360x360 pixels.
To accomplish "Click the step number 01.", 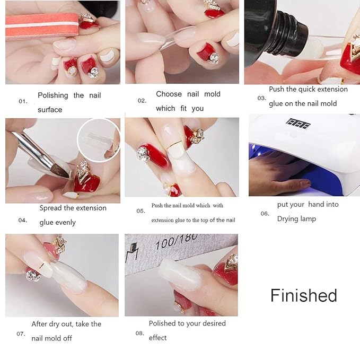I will [x=23, y=101].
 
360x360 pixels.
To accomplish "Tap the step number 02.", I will [x=142, y=100].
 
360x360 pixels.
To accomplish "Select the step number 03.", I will [x=261, y=98].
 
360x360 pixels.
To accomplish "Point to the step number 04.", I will [x=23, y=220].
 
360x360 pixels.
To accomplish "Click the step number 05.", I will [x=141, y=210].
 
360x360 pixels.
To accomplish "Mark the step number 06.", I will [x=265, y=214].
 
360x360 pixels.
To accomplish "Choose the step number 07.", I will [x=21, y=334].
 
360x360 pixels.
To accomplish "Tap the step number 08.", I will [x=139, y=333].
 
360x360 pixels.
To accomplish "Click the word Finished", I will [x=303, y=295].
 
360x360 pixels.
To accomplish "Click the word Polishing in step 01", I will [x=53, y=95].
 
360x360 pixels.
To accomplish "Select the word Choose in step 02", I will [x=169, y=94].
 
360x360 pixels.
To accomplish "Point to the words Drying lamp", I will [x=296, y=218].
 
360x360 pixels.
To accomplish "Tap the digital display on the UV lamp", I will [x=298, y=122].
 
